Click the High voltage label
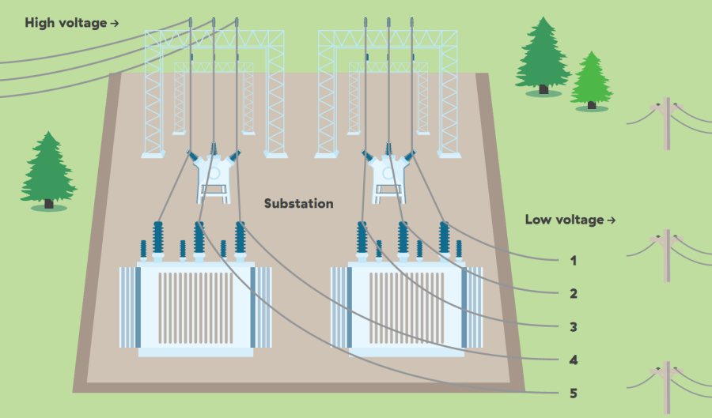[66, 23]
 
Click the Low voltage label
[564, 220]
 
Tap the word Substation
[298, 204]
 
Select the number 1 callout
[574, 260]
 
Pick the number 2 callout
[574, 293]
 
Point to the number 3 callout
[574, 326]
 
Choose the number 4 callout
[574, 360]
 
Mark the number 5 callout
[574, 393]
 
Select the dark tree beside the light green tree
[543, 57]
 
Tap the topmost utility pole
[667, 122]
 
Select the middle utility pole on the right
[667, 255]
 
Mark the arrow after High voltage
[115, 24]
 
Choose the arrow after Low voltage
[611, 220]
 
